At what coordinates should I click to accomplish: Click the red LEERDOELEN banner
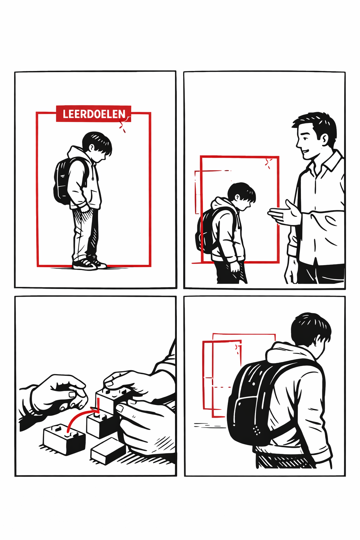pyautogui.click(x=94, y=114)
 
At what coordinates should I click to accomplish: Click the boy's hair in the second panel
pyautogui.click(x=242, y=191)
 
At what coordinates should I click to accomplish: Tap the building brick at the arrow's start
pyautogui.click(x=64, y=439)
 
